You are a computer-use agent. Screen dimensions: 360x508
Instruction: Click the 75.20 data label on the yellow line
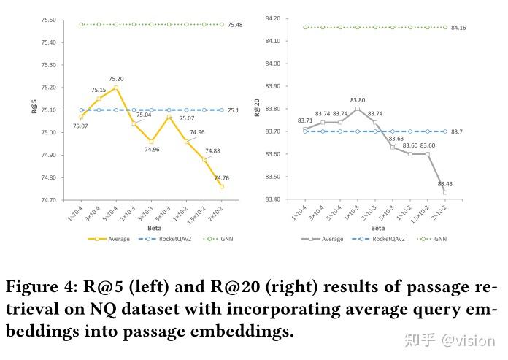(x=117, y=79)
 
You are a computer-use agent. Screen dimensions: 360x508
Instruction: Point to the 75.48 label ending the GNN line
(x=235, y=25)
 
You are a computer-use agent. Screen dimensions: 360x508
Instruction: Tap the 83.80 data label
(x=358, y=100)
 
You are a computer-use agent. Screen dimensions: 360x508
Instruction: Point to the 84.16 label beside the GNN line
(x=459, y=28)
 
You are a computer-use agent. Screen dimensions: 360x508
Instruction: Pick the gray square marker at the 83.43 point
(x=445, y=193)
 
